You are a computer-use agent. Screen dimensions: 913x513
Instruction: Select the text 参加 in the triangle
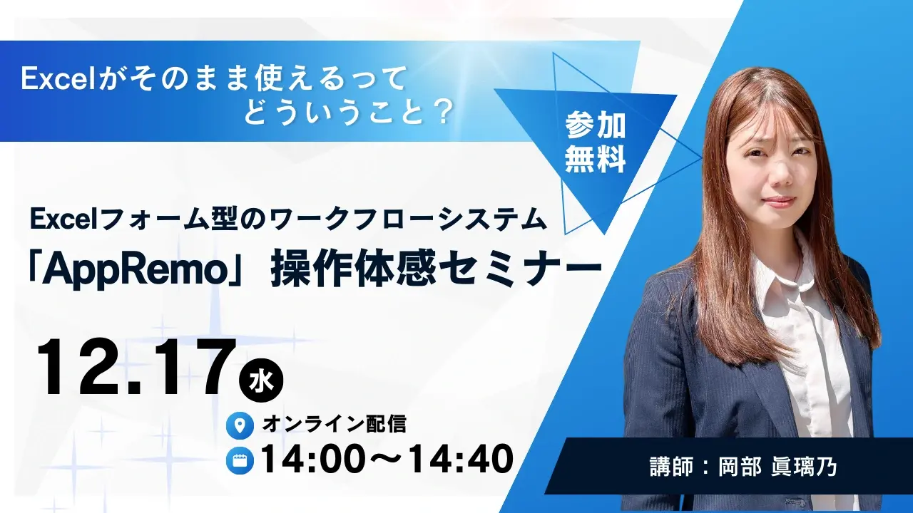coord(596,126)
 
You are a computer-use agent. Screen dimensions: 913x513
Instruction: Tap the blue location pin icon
coord(240,426)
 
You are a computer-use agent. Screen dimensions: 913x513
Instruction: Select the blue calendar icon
coord(240,460)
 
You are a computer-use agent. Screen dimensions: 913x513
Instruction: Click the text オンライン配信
coord(335,425)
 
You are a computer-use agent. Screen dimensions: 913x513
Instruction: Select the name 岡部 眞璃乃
coord(777,467)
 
